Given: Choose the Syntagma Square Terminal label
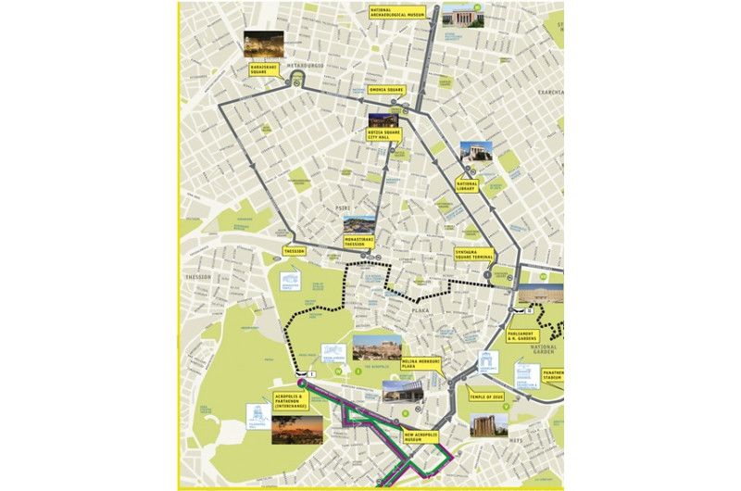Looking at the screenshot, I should pyautogui.click(x=470, y=253).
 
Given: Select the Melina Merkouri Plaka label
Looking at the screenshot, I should pyautogui.click(x=422, y=363).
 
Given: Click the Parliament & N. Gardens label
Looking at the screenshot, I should pyautogui.click(x=522, y=336).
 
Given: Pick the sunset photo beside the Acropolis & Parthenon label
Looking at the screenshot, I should pyautogui.click(x=296, y=429).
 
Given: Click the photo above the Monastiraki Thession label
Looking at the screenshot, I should pyautogui.click(x=359, y=225).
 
